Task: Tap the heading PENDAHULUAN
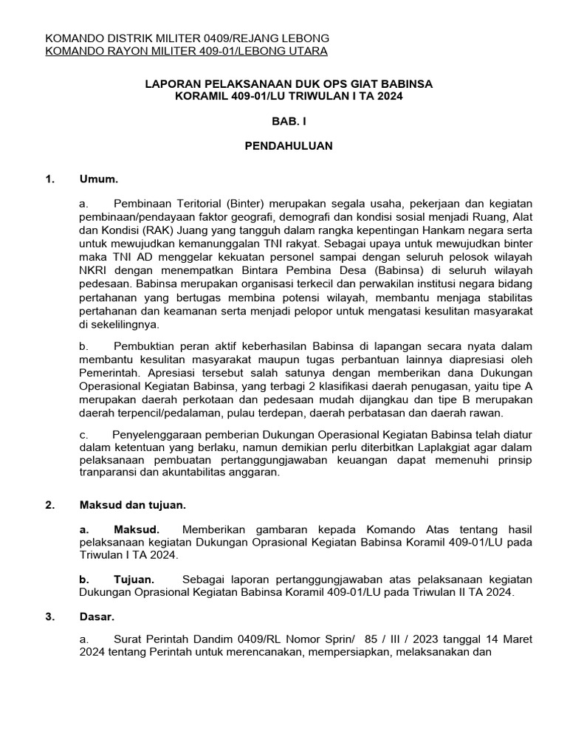pyautogui.click(x=289, y=146)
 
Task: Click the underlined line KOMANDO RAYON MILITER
pyautogui.click(x=186, y=51)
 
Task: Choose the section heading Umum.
pyautogui.click(x=99, y=179)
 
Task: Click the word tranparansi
pyautogui.click(x=111, y=472)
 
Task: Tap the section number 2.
pyautogui.click(x=49, y=505)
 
